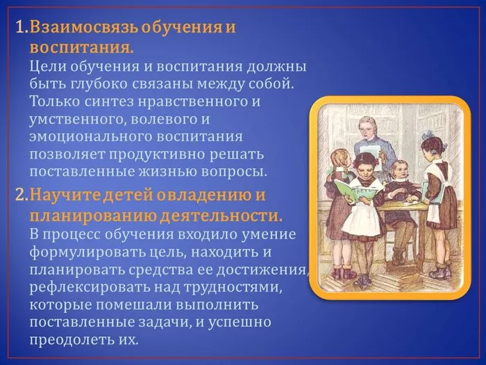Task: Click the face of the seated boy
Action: click(399, 170)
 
